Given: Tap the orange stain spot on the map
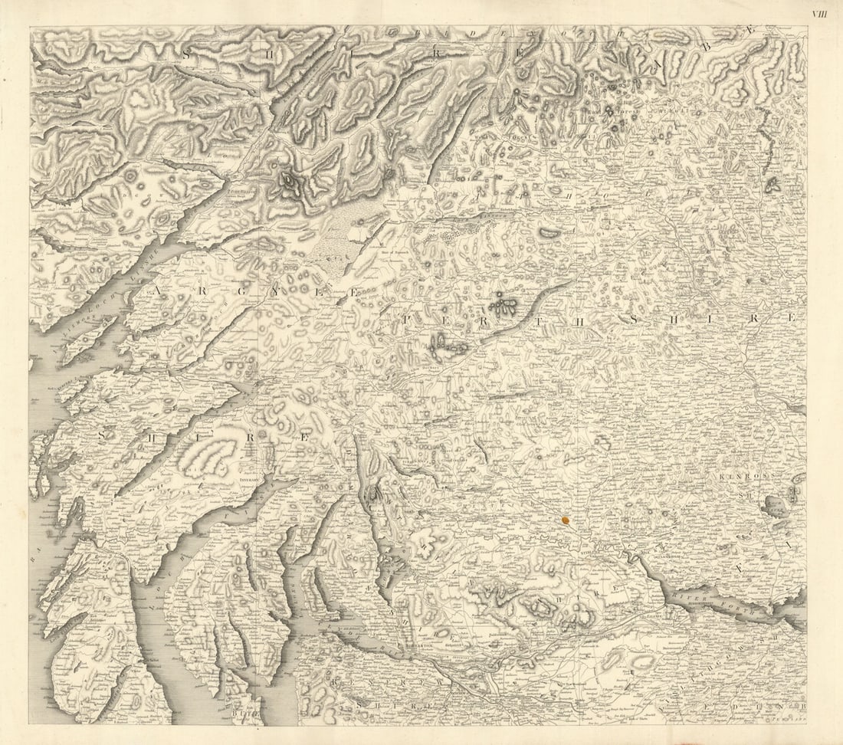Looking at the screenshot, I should [566, 520].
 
